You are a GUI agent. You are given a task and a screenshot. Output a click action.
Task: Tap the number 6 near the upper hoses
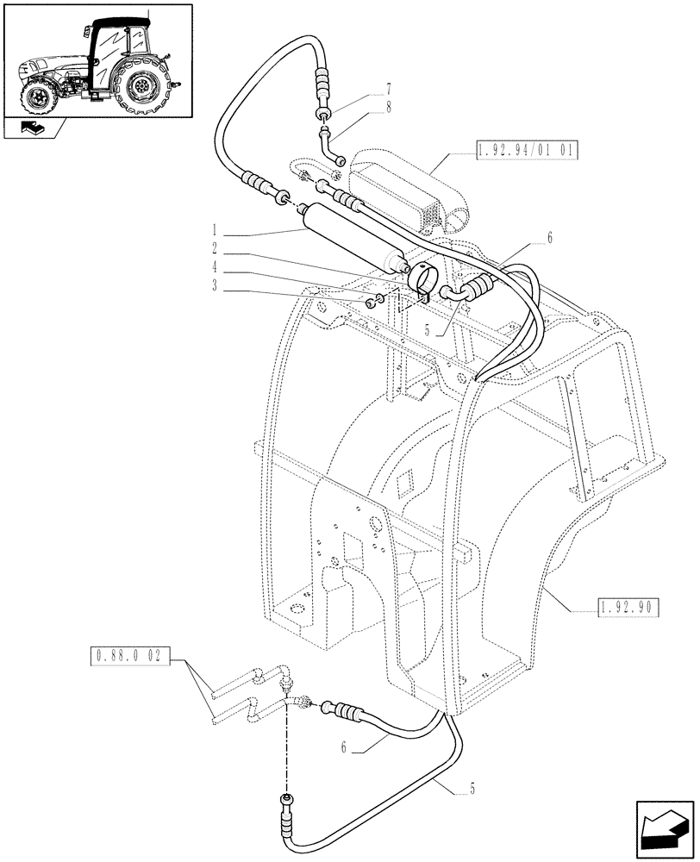548,237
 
